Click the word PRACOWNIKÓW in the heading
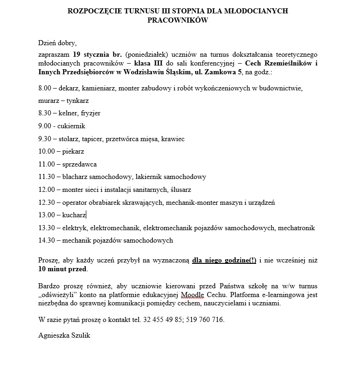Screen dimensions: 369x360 pyautogui.click(x=178, y=20)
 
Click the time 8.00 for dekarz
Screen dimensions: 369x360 pyautogui.click(x=45, y=88)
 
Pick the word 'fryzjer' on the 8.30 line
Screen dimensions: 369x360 pyautogui.click(x=90, y=113)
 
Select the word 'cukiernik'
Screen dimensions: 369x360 pyautogui.click(x=72, y=126)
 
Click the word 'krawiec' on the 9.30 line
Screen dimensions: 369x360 pyautogui.click(x=174, y=138)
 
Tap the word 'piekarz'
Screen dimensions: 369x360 pyautogui.click(x=73, y=151)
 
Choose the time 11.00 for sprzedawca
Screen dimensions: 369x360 pyautogui.click(x=47, y=164)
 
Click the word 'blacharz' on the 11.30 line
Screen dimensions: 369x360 pyautogui.click(x=75, y=177)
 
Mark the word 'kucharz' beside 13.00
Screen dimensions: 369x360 pyautogui.click(x=73, y=215)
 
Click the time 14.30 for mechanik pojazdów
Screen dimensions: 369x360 pyautogui.click(x=47, y=240)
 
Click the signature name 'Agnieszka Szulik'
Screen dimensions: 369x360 pyautogui.click(x=64, y=336)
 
